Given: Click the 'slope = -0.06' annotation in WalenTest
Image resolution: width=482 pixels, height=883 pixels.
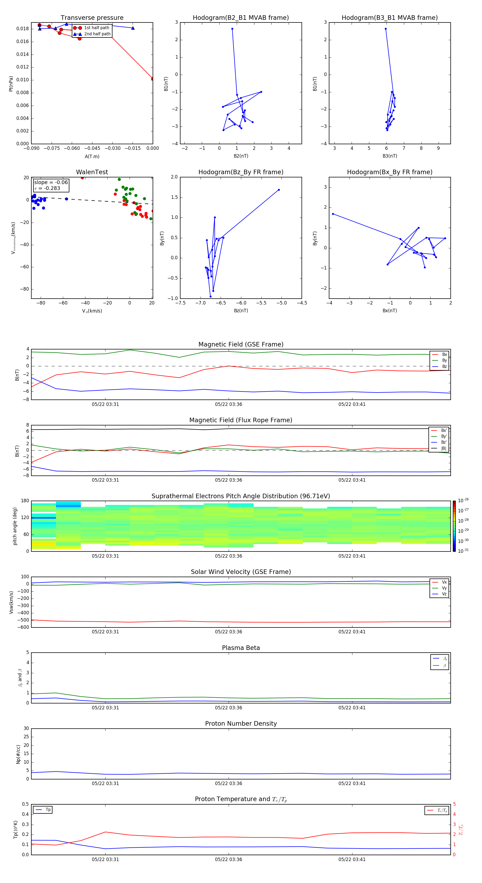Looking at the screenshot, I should (51, 182).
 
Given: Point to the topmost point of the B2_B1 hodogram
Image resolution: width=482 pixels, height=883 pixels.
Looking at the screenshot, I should (232, 29).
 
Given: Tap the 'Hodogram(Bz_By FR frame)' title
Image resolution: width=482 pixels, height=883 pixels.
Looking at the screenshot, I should (241, 172).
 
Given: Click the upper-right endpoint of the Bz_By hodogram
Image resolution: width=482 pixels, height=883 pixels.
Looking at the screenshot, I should (278, 190).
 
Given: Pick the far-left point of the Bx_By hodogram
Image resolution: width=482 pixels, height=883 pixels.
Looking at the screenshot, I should (333, 214).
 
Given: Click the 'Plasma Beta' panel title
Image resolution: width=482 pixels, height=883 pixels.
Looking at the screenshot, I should (241, 648).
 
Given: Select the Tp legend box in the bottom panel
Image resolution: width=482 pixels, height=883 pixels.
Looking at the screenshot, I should (43, 810).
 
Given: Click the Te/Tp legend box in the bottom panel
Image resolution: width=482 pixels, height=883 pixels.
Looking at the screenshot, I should (436, 810).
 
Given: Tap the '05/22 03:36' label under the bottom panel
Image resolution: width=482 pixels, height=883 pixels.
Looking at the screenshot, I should (228, 859).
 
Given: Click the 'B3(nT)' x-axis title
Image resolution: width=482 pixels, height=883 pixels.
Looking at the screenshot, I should (390, 156).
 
